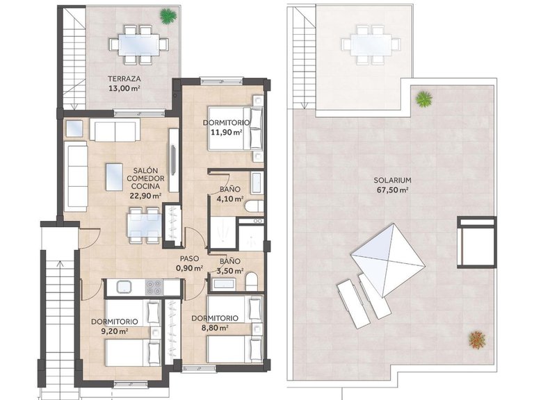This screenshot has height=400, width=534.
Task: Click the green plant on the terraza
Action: click(x=167, y=15)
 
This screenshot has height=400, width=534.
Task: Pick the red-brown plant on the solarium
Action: click(x=476, y=340)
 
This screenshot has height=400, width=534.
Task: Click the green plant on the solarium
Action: click(x=423, y=99)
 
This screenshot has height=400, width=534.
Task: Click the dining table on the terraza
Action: click(x=136, y=43)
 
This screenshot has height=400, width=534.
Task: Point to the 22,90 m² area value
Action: click(x=145, y=196)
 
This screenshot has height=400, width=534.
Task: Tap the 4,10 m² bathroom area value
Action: click(x=230, y=199)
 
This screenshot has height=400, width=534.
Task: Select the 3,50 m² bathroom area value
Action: click(x=230, y=271)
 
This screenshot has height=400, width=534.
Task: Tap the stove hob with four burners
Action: click(x=154, y=285)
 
